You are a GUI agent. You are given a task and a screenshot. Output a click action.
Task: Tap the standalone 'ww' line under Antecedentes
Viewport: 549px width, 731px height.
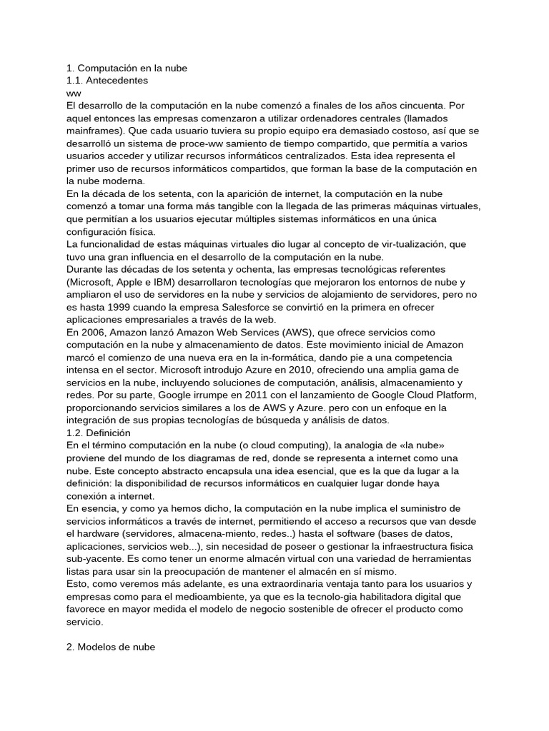[x=74, y=94]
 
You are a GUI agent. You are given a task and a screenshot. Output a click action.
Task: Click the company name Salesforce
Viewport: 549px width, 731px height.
[x=232, y=307]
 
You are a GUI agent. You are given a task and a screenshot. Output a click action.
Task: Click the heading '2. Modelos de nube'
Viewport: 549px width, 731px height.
[x=110, y=646]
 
